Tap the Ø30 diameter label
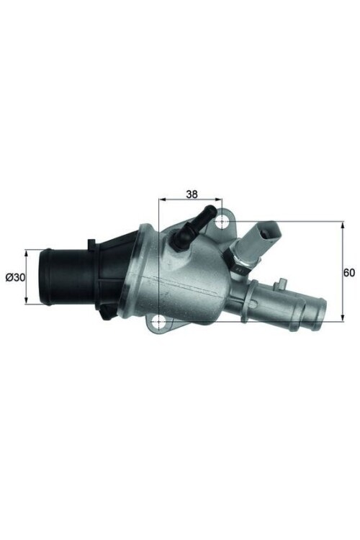[x=14, y=277]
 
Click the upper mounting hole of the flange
[x=223, y=215]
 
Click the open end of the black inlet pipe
[x=44, y=276]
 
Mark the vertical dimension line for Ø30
[x=27, y=277]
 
